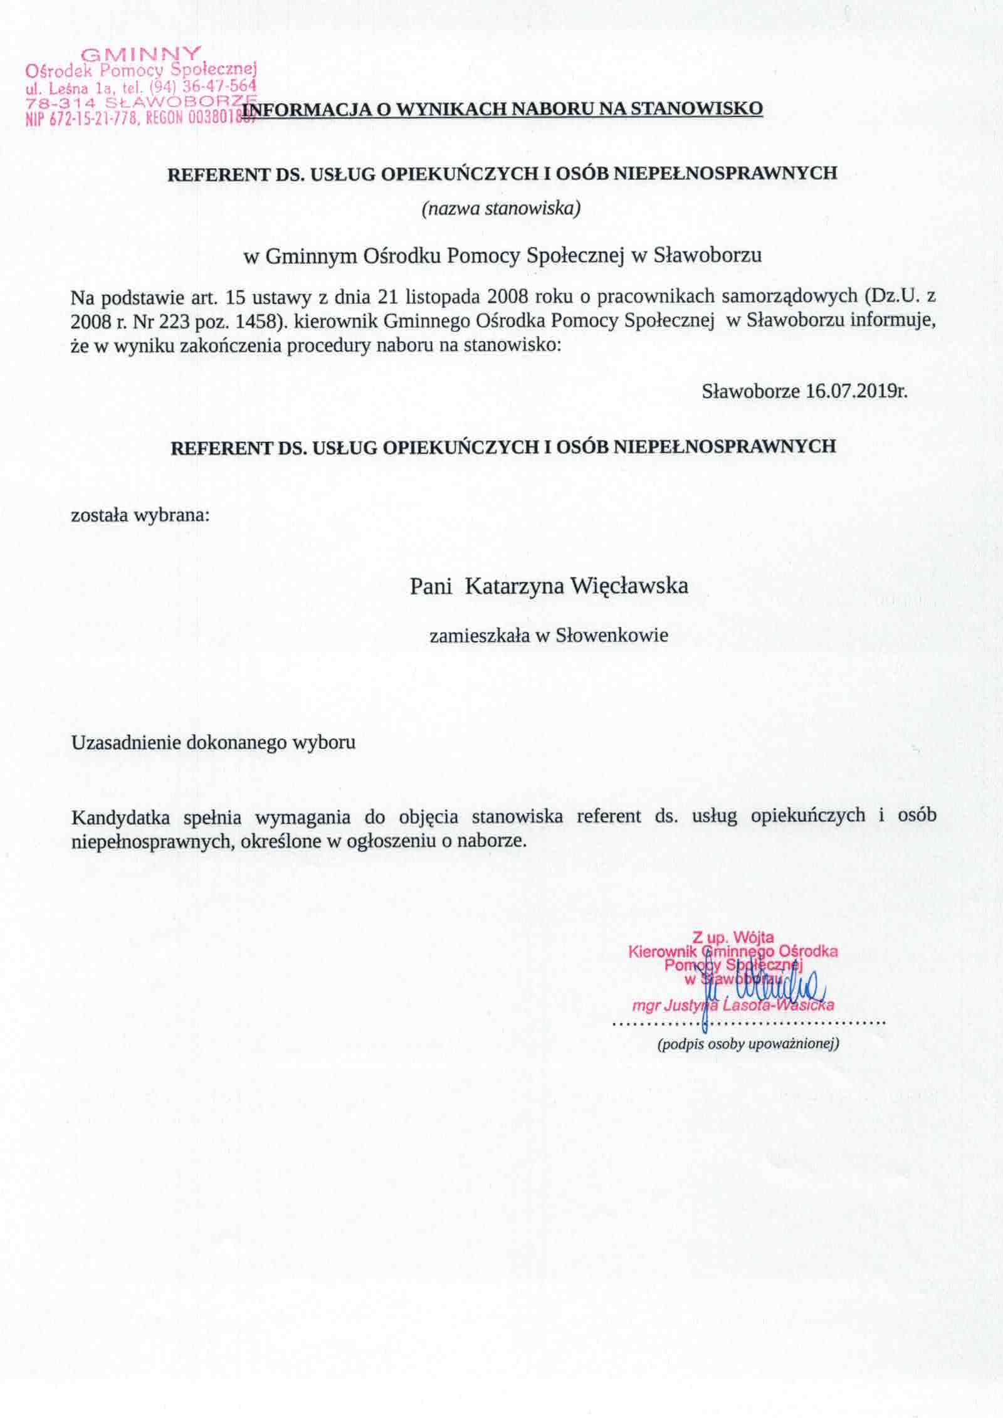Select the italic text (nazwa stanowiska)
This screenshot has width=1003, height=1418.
pyautogui.click(x=501, y=209)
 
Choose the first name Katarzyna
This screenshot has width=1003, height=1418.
pyautogui.click(x=515, y=587)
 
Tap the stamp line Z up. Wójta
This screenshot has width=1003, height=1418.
pyautogui.click(x=733, y=938)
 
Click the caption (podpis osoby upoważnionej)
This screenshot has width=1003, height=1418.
pyautogui.click(x=748, y=1044)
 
